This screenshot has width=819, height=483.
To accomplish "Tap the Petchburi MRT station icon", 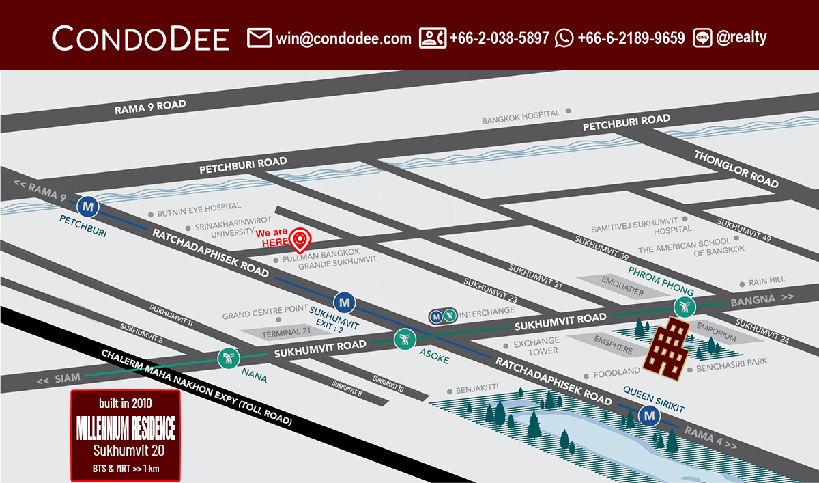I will [x=87, y=205].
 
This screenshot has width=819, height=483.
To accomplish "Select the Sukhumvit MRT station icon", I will [x=345, y=301].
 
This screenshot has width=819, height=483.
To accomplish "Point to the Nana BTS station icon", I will [x=227, y=357].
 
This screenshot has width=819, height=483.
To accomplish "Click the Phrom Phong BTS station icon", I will [x=685, y=306].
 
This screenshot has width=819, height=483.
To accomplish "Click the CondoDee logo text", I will [x=141, y=38].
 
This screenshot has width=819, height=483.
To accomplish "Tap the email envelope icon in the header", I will [x=259, y=38].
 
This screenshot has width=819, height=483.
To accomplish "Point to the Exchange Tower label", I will [x=536, y=346].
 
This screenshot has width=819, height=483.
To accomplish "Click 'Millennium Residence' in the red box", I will [x=126, y=429].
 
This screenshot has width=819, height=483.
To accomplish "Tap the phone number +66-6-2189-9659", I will [x=631, y=38].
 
